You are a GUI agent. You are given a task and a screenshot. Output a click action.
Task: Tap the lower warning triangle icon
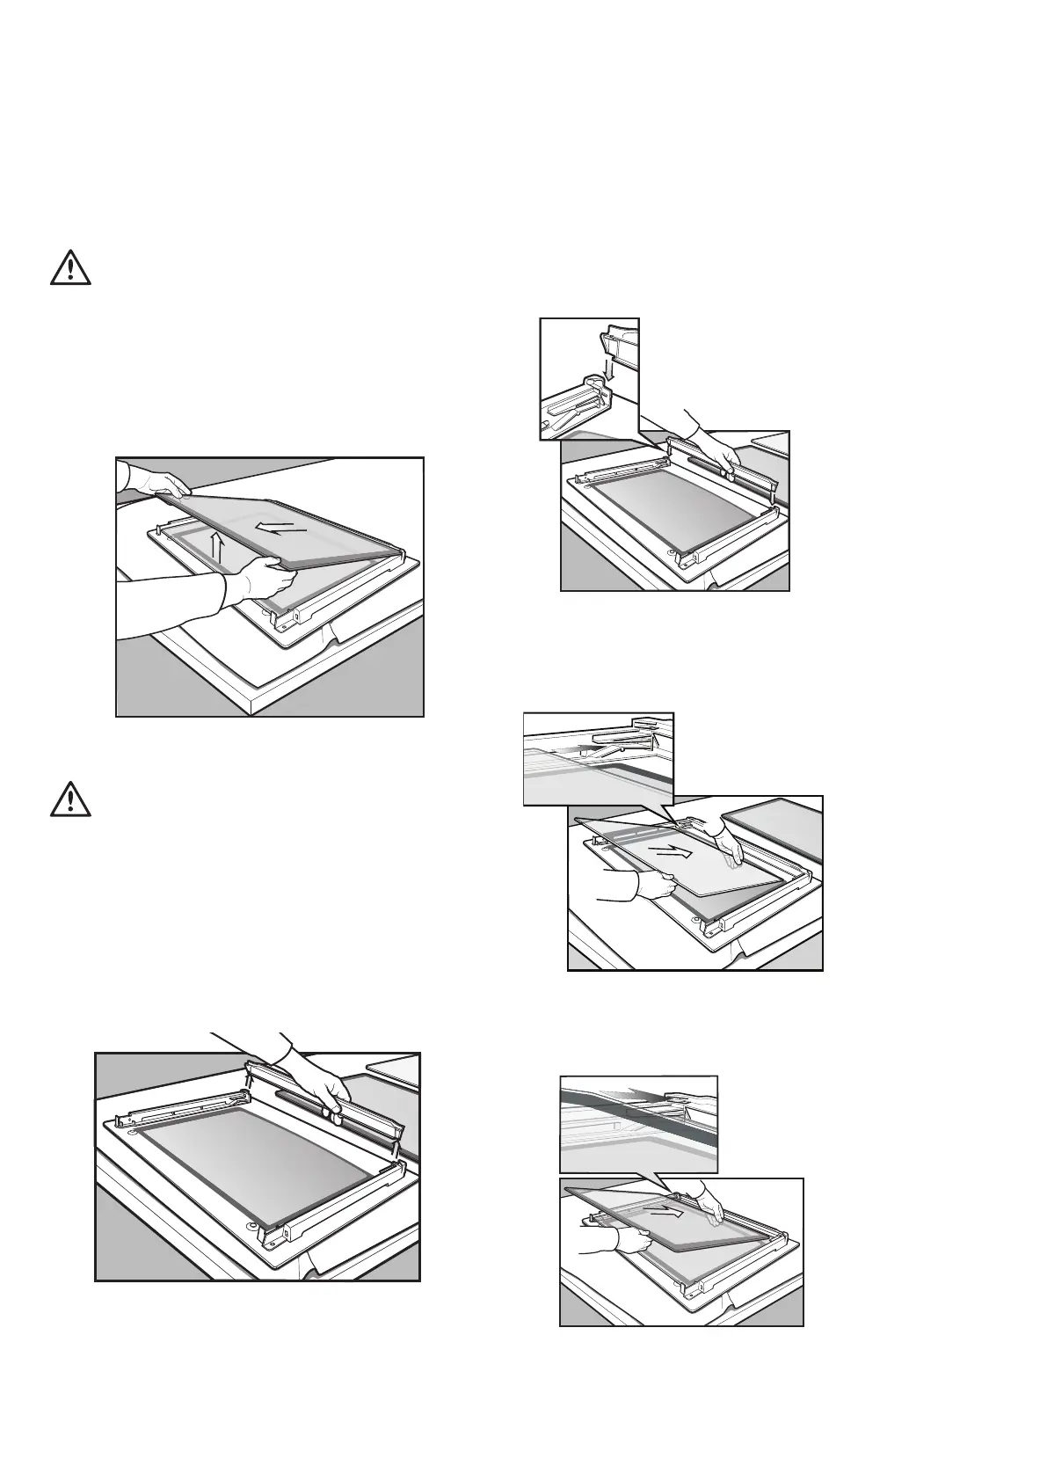click(71, 799)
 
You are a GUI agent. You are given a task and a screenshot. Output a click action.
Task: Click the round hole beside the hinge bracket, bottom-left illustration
click(252, 1226)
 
